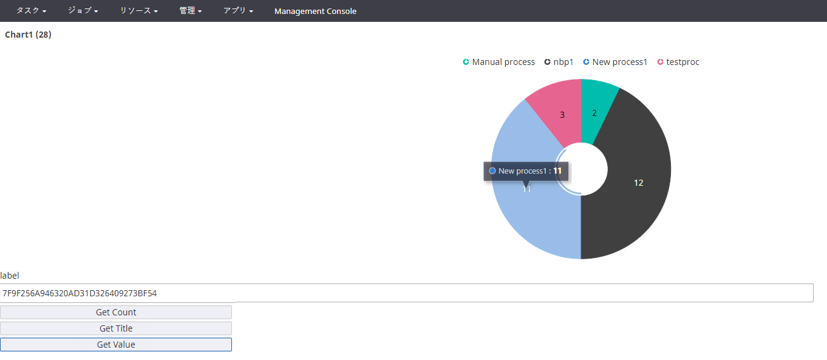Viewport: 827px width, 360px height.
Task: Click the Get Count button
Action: click(x=116, y=312)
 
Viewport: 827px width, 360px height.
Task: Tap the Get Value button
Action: click(x=116, y=344)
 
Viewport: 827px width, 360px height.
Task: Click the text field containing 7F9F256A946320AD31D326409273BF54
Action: click(x=406, y=293)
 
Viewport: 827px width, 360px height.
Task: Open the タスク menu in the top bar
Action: click(x=31, y=11)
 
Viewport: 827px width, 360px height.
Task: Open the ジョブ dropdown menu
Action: click(x=83, y=11)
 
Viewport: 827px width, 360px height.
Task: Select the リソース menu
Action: click(x=139, y=11)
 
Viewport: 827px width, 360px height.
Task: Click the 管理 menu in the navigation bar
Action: click(x=191, y=11)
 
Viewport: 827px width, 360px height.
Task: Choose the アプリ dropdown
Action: click(x=238, y=11)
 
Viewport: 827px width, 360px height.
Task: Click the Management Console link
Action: click(x=315, y=11)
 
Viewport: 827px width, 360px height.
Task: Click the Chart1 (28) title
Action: click(x=28, y=35)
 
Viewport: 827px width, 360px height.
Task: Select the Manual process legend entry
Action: click(x=499, y=62)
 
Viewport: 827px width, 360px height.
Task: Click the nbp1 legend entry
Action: click(x=559, y=62)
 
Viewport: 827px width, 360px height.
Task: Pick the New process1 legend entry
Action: click(x=616, y=62)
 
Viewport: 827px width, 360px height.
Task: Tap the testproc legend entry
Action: click(x=678, y=62)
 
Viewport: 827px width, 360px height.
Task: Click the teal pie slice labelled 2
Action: click(x=596, y=109)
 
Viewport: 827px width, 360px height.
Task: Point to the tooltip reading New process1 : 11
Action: click(x=526, y=171)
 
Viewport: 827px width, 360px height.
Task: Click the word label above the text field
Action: click(x=10, y=276)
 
